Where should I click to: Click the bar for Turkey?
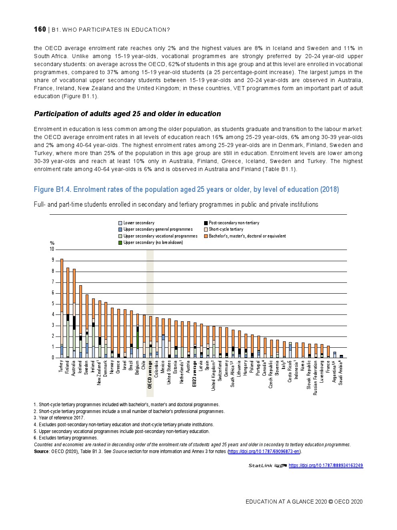pyautogui.click(x=62, y=308)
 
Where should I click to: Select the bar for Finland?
pyautogui.click(x=68, y=312)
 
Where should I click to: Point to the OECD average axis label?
pyautogui.click(x=150, y=375)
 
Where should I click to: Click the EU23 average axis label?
pyautogui.click(x=194, y=374)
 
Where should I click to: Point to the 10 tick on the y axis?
pyautogui.click(x=52, y=249)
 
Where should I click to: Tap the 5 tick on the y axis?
pyautogui.click(x=52, y=304)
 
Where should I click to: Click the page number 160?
pyautogui.click(x=40, y=29)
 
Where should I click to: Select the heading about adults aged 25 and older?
pyautogui.click(x=127, y=114)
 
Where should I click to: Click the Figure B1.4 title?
pyautogui.click(x=186, y=189)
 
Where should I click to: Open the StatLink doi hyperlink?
pyautogui.click(x=325, y=466)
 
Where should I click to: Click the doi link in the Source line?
pyautogui.click(x=264, y=451)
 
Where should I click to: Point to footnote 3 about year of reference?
pyautogui.click(x=59, y=418)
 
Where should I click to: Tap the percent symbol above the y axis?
pyautogui.click(x=52, y=243)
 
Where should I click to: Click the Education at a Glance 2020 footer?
pyautogui.click(x=304, y=502)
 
